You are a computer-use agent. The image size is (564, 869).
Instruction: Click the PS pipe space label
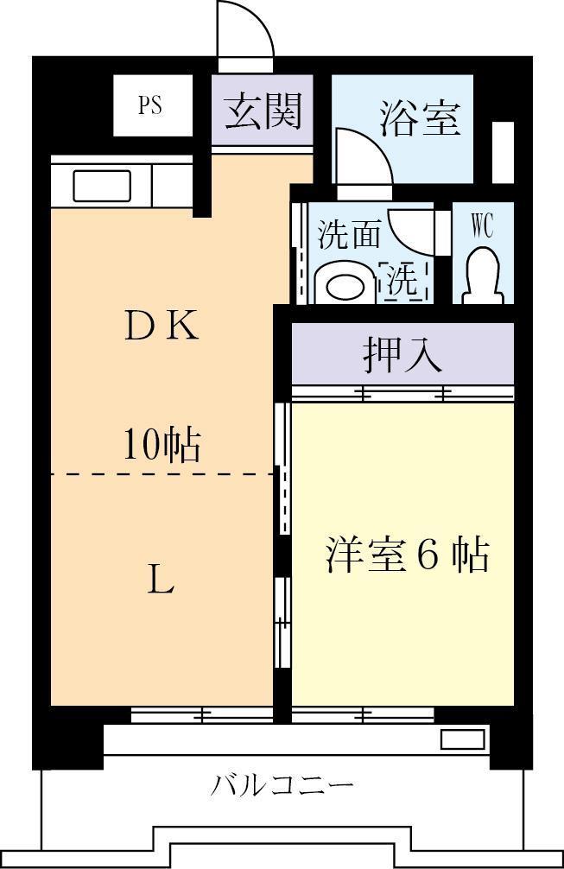(x=149, y=106)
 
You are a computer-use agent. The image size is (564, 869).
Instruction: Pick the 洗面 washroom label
(x=349, y=233)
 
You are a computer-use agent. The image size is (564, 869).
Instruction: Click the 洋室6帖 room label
(x=407, y=555)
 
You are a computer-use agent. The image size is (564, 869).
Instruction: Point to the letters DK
(x=162, y=326)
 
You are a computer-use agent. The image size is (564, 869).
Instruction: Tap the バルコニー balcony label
(x=282, y=786)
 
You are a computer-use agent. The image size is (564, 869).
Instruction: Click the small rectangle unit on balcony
(x=463, y=739)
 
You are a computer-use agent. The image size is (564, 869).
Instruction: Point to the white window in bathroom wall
(x=503, y=153)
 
